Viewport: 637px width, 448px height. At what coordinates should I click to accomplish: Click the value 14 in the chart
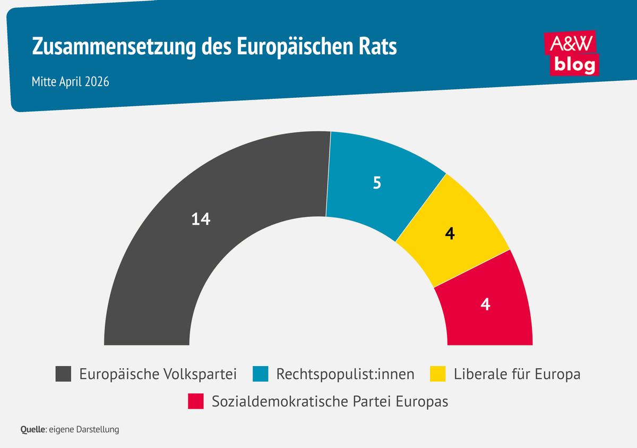(x=201, y=219)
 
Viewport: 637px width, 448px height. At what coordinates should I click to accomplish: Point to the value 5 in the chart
(x=377, y=183)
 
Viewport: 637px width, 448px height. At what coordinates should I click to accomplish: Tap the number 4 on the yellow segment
(x=450, y=234)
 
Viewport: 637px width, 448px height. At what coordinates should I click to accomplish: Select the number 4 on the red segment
(x=485, y=305)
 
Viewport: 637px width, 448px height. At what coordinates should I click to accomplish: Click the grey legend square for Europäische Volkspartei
(x=64, y=374)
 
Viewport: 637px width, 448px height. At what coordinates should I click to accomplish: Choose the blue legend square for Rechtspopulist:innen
(x=260, y=374)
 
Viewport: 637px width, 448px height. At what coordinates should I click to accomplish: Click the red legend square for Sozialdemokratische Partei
(x=196, y=401)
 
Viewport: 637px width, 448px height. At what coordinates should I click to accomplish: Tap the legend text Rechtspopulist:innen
(x=345, y=374)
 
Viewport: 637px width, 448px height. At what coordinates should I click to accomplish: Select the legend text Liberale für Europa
(x=517, y=374)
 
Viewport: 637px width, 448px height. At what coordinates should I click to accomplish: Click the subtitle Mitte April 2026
(x=70, y=82)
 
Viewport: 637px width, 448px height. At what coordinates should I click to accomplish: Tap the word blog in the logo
(x=575, y=64)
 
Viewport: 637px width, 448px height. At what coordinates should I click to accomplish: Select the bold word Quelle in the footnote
(x=33, y=429)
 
